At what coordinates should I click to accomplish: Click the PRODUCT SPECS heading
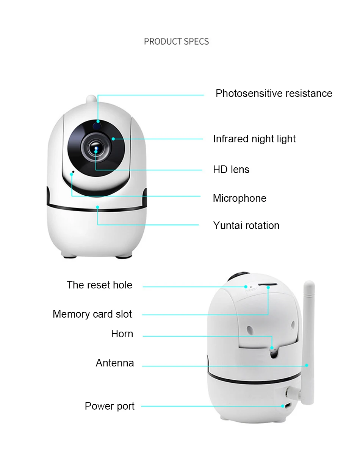click(x=176, y=41)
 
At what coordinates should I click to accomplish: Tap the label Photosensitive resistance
click(x=274, y=94)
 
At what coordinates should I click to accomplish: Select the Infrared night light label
click(x=254, y=139)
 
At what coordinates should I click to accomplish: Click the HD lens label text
click(x=231, y=170)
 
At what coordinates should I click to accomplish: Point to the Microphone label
click(x=239, y=198)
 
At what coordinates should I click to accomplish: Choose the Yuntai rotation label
click(x=246, y=226)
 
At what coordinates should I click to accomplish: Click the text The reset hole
click(x=99, y=285)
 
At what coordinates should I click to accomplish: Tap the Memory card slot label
click(x=92, y=314)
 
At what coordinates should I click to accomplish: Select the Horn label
click(x=122, y=334)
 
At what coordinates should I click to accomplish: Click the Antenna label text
click(x=115, y=363)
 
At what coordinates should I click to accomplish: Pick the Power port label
click(x=110, y=406)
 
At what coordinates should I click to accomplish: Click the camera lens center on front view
click(x=96, y=148)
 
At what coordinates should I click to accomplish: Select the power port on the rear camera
click(x=287, y=406)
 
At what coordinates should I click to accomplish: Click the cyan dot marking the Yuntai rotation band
click(x=98, y=207)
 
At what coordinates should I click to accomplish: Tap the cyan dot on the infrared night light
click(x=113, y=139)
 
